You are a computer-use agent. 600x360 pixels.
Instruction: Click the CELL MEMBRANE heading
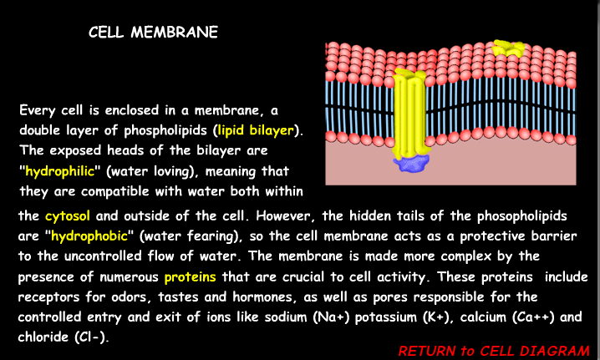pos(154,33)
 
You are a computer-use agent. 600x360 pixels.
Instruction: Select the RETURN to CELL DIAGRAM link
pos(494,351)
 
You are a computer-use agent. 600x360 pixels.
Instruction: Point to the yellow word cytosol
pos(66,215)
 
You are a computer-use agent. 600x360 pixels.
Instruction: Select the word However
pos(323,215)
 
